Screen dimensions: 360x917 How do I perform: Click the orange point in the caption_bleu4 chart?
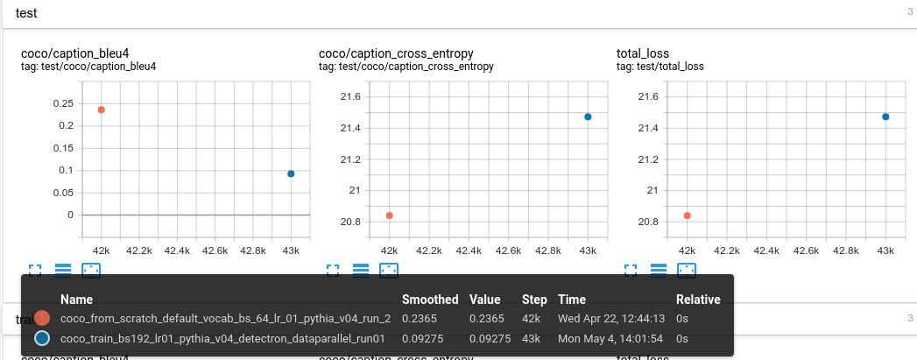102,109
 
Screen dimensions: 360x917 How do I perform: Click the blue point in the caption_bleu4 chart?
291,173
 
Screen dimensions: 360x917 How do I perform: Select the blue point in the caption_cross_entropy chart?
588,116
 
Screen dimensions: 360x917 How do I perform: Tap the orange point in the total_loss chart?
688,215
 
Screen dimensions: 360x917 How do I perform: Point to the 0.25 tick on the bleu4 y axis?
63,103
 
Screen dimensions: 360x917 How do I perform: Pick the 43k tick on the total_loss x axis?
885,251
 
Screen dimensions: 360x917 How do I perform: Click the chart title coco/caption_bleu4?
74,53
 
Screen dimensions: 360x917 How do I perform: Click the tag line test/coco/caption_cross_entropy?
406,67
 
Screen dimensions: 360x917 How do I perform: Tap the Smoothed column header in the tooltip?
429,300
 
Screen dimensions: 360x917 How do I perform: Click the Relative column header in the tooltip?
698,300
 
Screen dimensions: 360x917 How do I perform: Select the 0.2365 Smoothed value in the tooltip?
419,319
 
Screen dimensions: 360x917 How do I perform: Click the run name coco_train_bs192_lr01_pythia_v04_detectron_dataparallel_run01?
222,338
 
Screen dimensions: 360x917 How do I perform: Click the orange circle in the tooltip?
41,319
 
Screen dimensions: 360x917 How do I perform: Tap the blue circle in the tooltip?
41,338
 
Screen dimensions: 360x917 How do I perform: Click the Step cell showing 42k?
531,319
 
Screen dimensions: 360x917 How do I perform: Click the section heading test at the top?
27,12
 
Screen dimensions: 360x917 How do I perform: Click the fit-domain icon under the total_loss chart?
688,271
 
